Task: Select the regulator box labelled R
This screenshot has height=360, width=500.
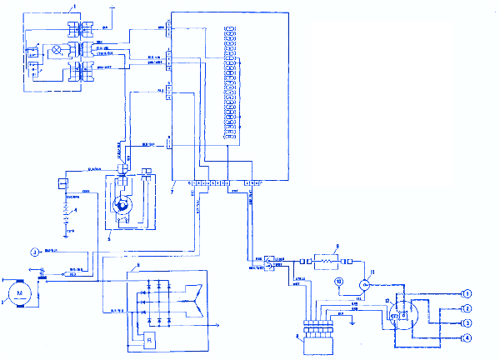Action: [x=147, y=340]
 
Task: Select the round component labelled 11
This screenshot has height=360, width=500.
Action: [x=365, y=283]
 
